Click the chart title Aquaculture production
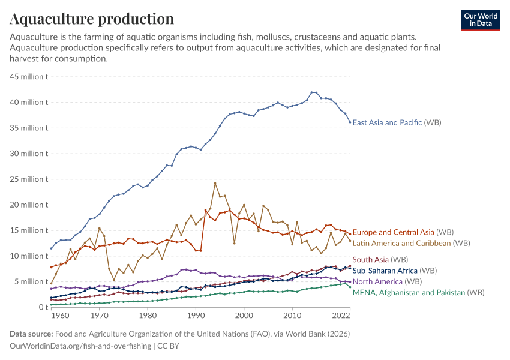click(92, 19)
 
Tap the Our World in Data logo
click(480, 20)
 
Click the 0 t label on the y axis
click(43, 307)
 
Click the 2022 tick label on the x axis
click(340, 316)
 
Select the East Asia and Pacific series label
click(397, 122)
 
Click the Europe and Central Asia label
click(403, 232)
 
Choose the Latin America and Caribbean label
click(411, 243)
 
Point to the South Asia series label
click(379, 260)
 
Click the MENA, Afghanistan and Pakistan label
click(418, 292)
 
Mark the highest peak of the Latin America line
click(215, 183)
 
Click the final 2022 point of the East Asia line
click(350, 122)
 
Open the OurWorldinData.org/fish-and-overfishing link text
click(81, 346)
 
